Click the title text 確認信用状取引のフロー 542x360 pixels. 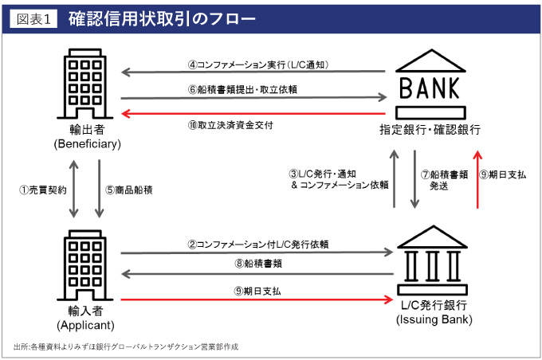[x=163, y=18]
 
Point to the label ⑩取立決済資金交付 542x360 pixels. [x=230, y=125]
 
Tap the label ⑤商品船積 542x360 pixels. [x=128, y=190]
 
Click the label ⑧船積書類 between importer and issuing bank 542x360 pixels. [x=254, y=264]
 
